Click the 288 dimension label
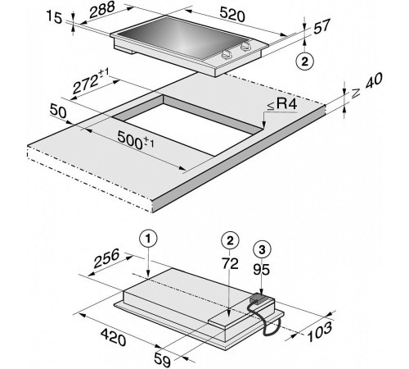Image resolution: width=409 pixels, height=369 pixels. [x=102, y=10]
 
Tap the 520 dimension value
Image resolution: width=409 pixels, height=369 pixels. [x=232, y=14]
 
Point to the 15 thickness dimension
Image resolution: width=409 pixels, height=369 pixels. [x=55, y=17]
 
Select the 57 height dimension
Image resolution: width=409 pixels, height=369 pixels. [x=321, y=26]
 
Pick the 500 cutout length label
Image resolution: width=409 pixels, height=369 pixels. [x=136, y=140]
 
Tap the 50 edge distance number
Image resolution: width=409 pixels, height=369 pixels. [x=58, y=112]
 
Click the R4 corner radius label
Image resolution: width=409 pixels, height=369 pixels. [x=282, y=104]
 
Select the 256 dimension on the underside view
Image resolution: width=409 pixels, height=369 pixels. [x=106, y=258]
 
